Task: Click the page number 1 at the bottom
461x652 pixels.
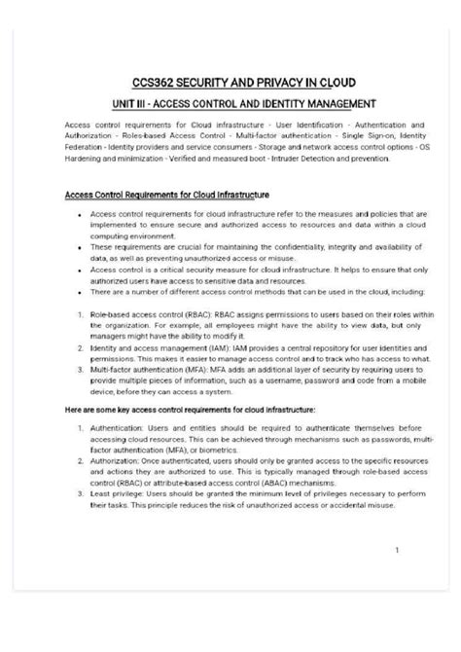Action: tap(397, 551)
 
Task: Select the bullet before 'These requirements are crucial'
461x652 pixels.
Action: tap(78, 248)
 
